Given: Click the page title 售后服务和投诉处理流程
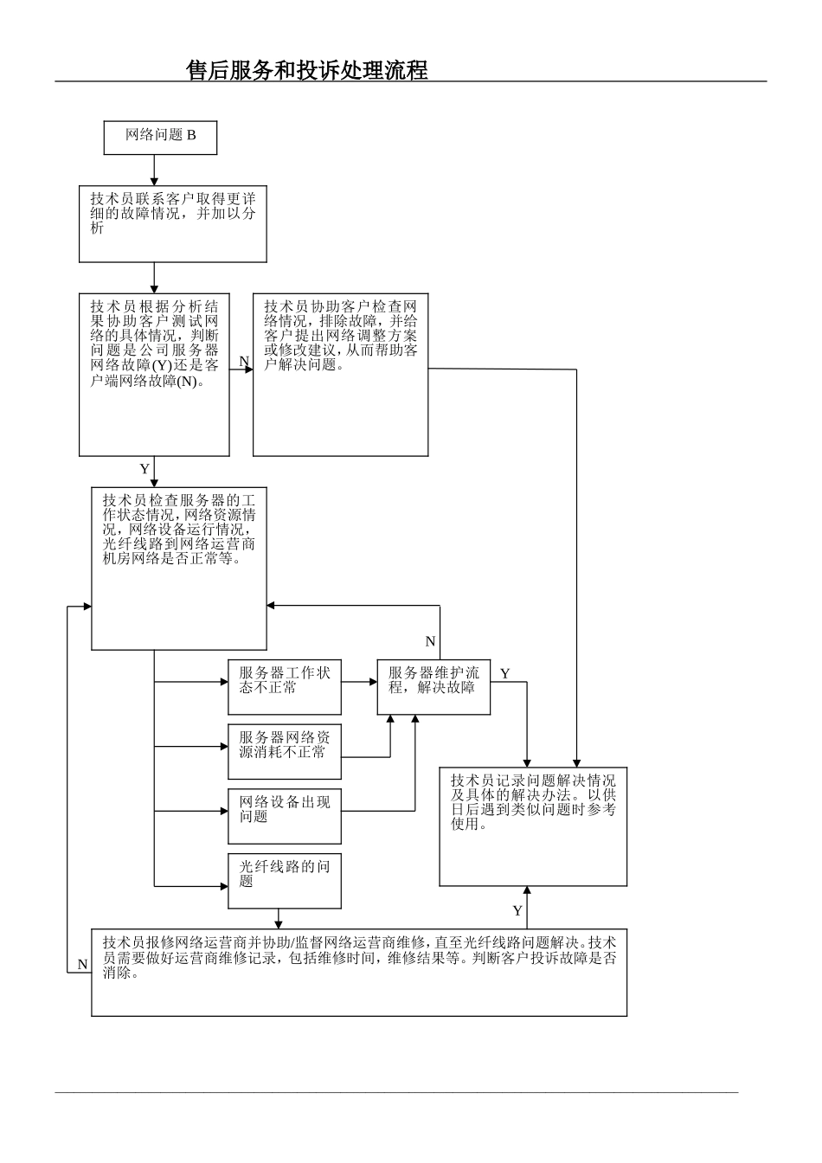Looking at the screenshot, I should pyautogui.click(x=307, y=70).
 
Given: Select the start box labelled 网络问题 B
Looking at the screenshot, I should pyautogui.click(x=160, y=137).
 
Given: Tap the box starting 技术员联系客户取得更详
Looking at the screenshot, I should pyautogui.click(x=173, y=224).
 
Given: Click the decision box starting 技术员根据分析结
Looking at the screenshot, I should pyautogui.click(x=154, y=374).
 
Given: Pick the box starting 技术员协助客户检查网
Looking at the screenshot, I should pyautogui.click(x=340, y=374).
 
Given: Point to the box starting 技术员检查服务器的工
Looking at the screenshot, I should pyautogui.click(x=179, y=568).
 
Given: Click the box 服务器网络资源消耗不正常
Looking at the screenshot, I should pyautogui.click(x=285, y=745).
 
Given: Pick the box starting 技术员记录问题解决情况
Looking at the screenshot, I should pyautogui.click(x=533, y=826).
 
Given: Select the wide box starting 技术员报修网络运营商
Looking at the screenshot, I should pyautogui.click(x=359, y=972).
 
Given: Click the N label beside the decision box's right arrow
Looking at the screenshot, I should pyautogui.click(x=244, y=361).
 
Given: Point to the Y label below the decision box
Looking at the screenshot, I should pyautogui.click(x=144, y=469).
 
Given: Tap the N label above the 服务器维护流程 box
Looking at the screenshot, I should pyautogui.click(x=430, y=641).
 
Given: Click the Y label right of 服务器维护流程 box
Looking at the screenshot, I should pyautogui.click(x=505, y=673).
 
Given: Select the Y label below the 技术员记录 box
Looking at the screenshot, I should pyautogui.click(x=517, y=910).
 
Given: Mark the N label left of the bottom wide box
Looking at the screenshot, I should pyautogui.click(x=82, y=964).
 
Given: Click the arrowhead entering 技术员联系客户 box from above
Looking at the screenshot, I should pyautogui.click(x=154, y=183).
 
